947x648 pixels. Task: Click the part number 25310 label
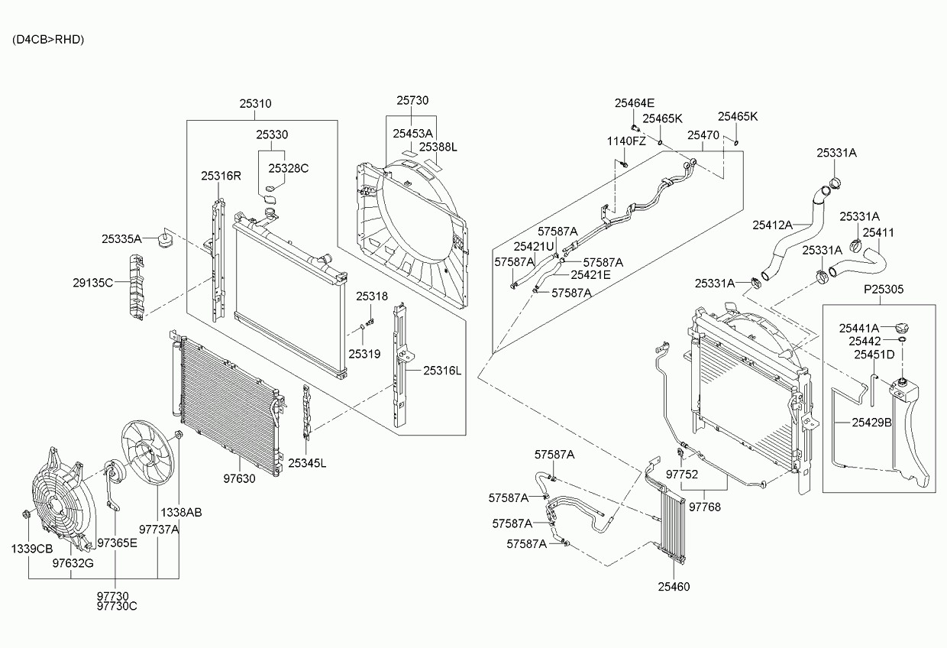[x=255, y=104]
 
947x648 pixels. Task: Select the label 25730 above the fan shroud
[x=412, y=100]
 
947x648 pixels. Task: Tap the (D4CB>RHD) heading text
[x=48, y=40]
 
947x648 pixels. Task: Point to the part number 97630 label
[x=239, y=479]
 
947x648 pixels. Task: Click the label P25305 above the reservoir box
[x=884, y=290]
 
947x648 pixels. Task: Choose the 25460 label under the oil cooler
[x=673, y=588]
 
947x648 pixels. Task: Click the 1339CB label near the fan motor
[x=31, y=549]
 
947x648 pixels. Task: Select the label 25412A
[x=772, y=225]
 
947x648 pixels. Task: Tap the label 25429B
[x=871, y=422]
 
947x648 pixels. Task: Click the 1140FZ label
[x=626, y=141]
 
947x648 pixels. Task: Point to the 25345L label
[x=307, y=463]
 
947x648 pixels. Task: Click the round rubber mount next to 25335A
[x=164, y=241]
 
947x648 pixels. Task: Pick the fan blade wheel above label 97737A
[x=150, y=452]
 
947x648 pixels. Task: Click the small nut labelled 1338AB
[x=178, y=436]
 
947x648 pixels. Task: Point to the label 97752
[x=682, y=474]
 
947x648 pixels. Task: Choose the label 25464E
[x=635, y=103]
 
